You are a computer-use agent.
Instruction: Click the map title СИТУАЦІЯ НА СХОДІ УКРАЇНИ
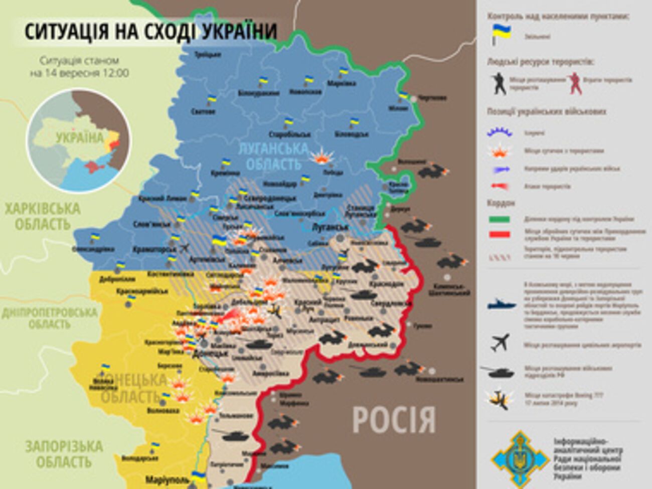tap(150, 31)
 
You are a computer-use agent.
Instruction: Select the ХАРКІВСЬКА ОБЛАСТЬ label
tap(43, 216)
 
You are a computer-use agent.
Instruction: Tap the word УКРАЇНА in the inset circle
tap(79, 138)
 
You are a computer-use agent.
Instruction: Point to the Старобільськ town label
tap(290, 134)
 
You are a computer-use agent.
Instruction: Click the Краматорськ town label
tap(155, 249)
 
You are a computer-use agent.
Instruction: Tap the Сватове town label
tap(203, 111)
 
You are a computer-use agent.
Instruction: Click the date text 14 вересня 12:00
tap(79, 73)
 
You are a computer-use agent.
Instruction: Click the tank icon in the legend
tap(498, 372)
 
